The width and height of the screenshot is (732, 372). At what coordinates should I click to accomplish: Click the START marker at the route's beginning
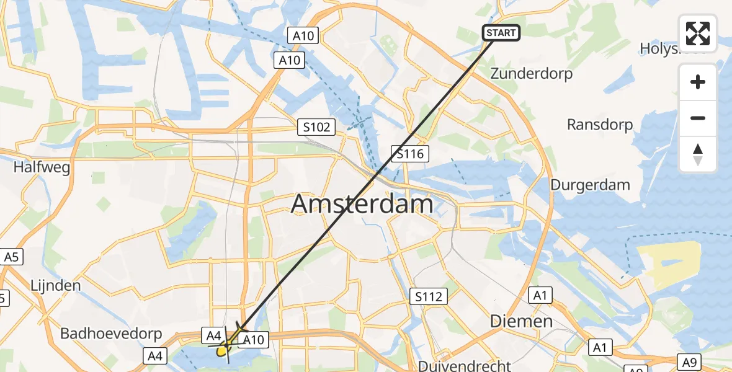tap(501, 33)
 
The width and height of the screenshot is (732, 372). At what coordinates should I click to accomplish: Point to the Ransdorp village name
tap(600, 125)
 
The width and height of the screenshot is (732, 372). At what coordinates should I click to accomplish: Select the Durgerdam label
tap(590, 185)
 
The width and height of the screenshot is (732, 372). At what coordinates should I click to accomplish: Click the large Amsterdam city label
tap(362, 203)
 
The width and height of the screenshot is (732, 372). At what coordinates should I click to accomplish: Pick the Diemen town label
tap(521, 321)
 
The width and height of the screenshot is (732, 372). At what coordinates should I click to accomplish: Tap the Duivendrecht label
tap(465, 365)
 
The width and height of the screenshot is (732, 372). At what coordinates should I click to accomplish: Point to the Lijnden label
tap(55, 286)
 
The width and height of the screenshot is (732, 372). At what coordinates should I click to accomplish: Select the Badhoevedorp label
tap(111, 334)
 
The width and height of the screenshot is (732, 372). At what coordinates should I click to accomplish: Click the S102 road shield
tap(316, 128)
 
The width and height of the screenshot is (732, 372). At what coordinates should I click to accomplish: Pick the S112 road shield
tap(429, 296)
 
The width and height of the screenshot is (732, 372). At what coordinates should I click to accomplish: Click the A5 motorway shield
tap(11, 257)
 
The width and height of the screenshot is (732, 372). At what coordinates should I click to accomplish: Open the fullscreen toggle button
tap(698, 33)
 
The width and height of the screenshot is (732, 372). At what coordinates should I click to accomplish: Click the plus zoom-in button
tap(698, 82)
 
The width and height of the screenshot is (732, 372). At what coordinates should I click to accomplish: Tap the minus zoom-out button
tap(698, 118)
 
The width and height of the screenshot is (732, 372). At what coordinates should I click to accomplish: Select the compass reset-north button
tap(698, 154)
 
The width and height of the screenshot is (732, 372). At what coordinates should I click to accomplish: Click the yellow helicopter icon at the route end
tap(225, 349)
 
